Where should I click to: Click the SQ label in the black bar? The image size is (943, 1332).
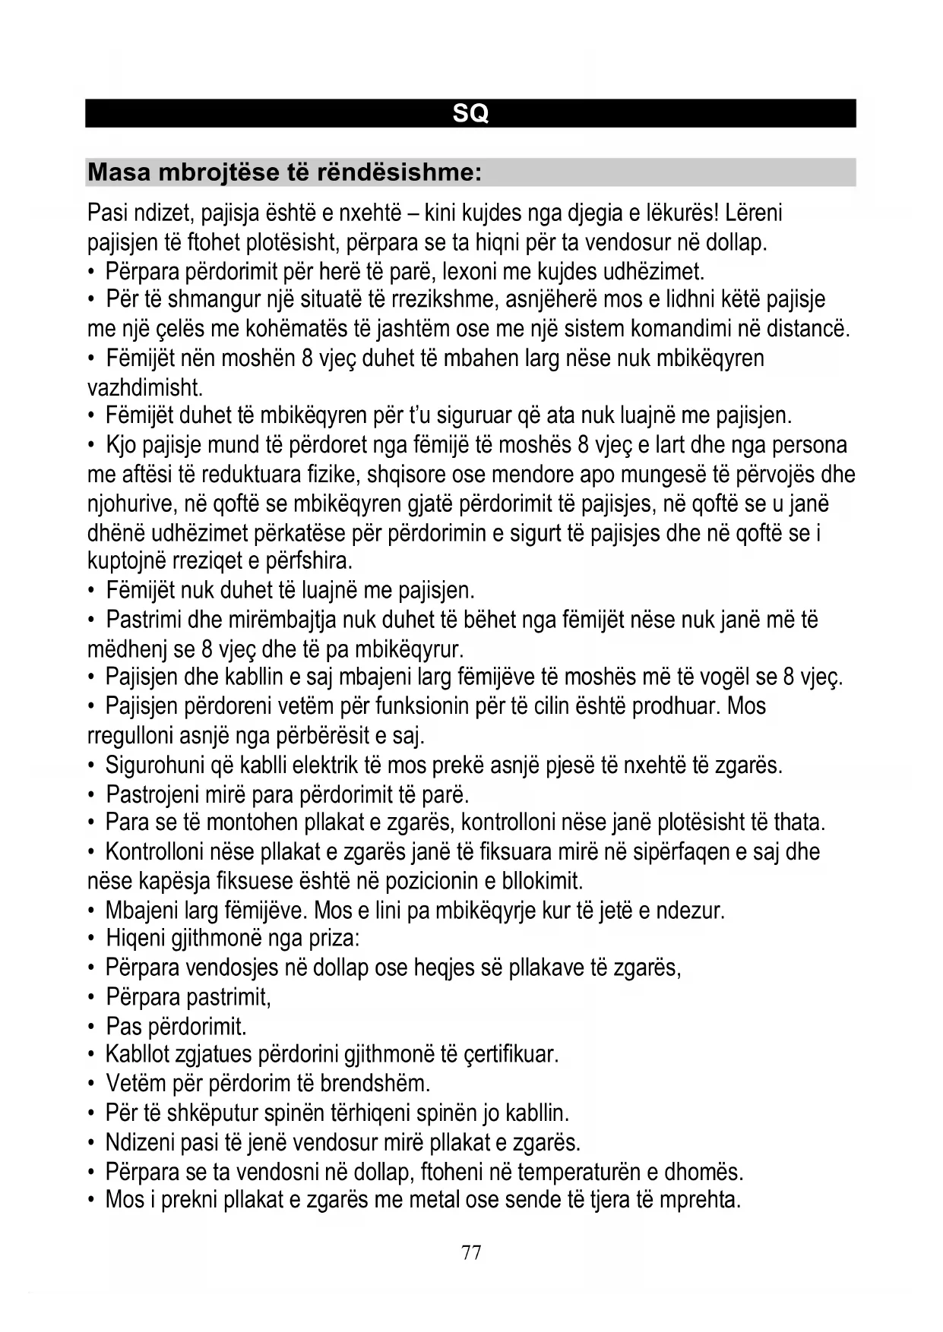point(470,113)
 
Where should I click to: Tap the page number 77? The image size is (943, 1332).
point(471,1252)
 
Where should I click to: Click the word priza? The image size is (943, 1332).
point(332,939)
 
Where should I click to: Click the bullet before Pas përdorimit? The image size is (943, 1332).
point(91,1027)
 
